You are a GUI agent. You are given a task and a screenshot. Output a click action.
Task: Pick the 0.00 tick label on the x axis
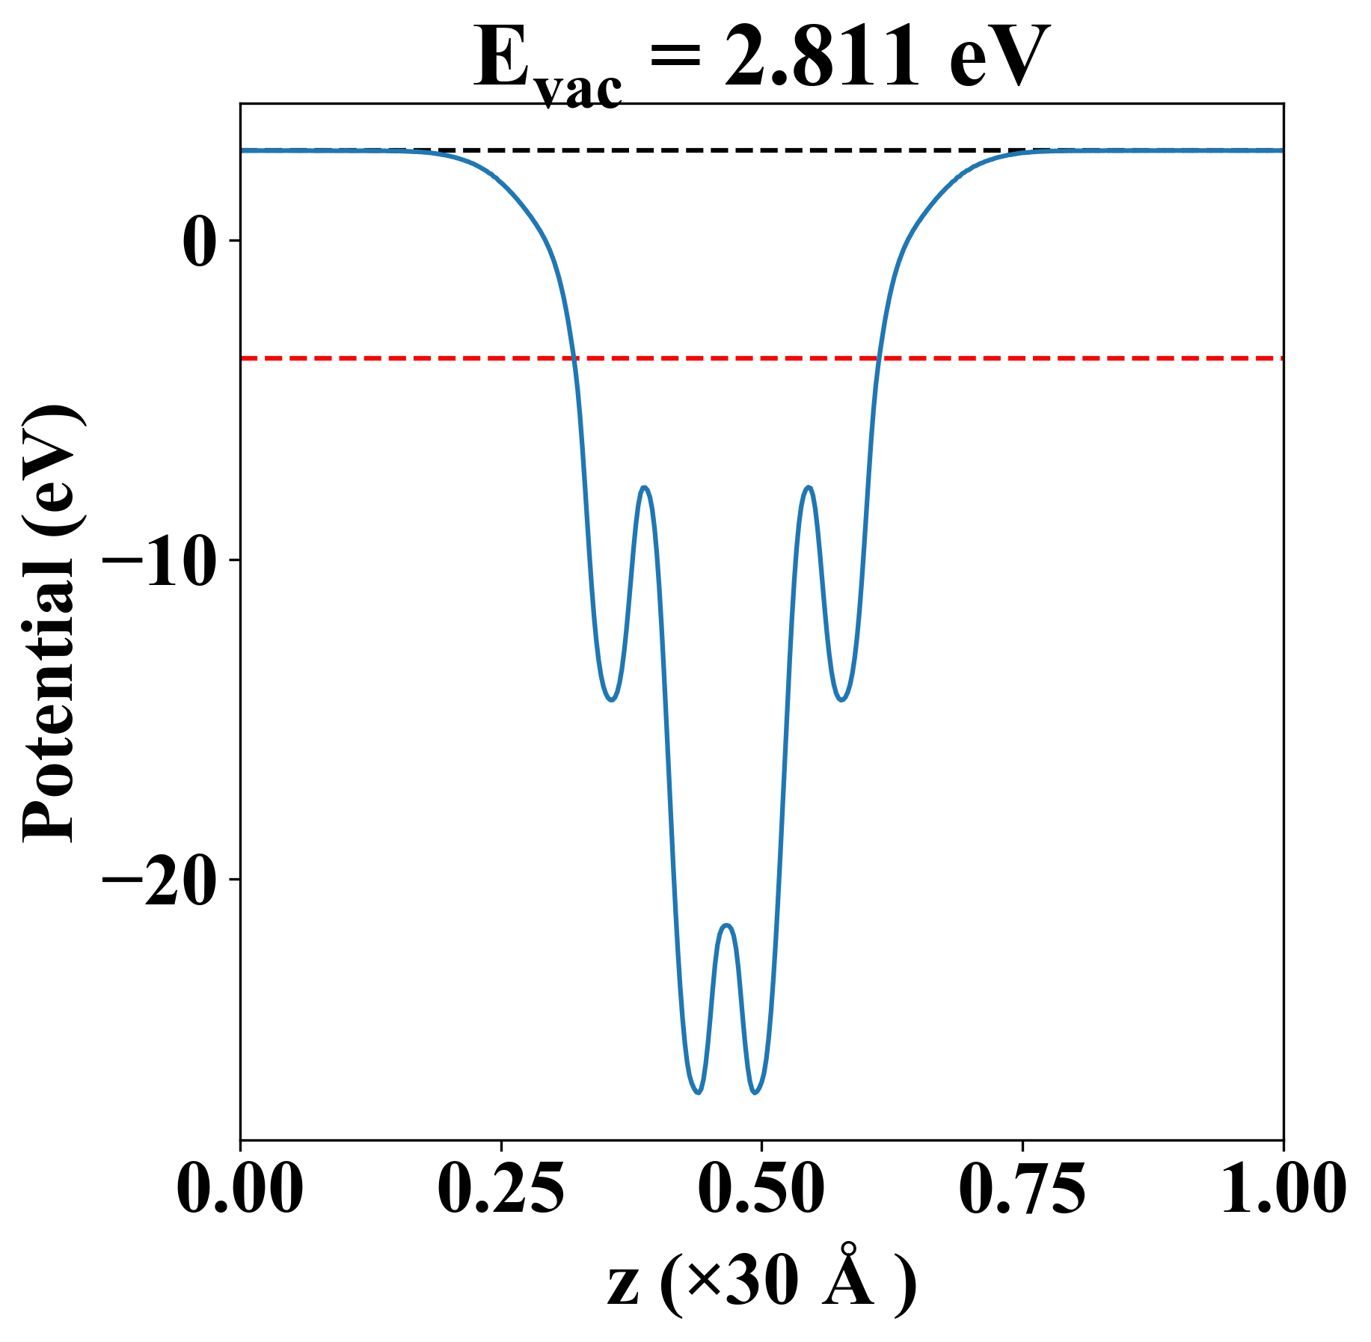(x=240, y=1189)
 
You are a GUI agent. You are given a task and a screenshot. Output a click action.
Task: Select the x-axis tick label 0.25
(x=500, y=1189)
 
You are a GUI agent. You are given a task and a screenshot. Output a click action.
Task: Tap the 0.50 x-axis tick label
(x=761, y=1189)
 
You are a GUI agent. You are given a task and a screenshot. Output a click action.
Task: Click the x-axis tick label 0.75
(x=1022, y=1189)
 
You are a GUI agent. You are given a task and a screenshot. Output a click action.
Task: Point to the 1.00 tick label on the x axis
(x=1283, y=1189)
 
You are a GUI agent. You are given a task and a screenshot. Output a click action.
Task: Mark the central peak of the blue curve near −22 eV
(x=726, y=926)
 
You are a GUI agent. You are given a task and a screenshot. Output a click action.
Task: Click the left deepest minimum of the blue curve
(x=698, y=1093)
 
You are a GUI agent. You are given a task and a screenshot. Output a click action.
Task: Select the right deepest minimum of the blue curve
(x=755, y=1093)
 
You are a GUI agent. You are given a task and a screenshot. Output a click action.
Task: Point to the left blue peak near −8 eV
(x=644, y=488)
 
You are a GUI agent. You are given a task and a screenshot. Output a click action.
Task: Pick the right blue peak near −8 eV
(x=809, y=488)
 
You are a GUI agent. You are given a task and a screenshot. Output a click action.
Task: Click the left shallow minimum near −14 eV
(x=612, y=700)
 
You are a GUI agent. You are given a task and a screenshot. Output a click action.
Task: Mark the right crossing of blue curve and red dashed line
(x=880, y=358)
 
